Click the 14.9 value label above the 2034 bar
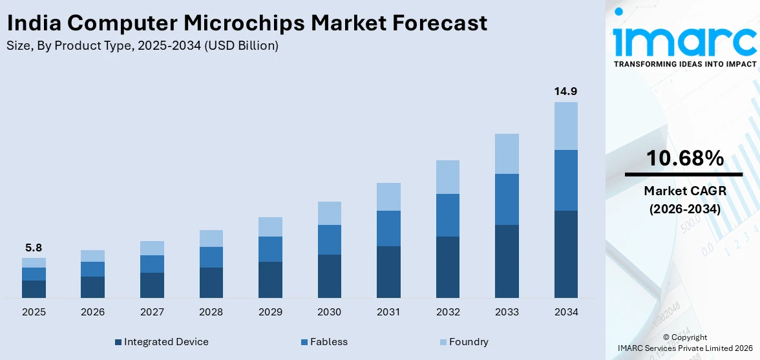click(565, 92)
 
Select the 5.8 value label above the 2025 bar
click(34, 248)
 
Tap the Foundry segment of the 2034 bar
click(565, 125)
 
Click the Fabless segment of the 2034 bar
click(565, 180)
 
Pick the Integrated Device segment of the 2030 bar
click(329, 276)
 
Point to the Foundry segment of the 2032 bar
click(447, 177)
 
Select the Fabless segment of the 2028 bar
click(211, 257)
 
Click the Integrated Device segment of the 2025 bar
click(34, 289)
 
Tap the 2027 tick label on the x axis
click(152, 312)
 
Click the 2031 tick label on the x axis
click(388, 312)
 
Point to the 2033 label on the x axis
click(507, 312)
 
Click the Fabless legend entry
click(328, 342)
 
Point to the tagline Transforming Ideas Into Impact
click(684, 64)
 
